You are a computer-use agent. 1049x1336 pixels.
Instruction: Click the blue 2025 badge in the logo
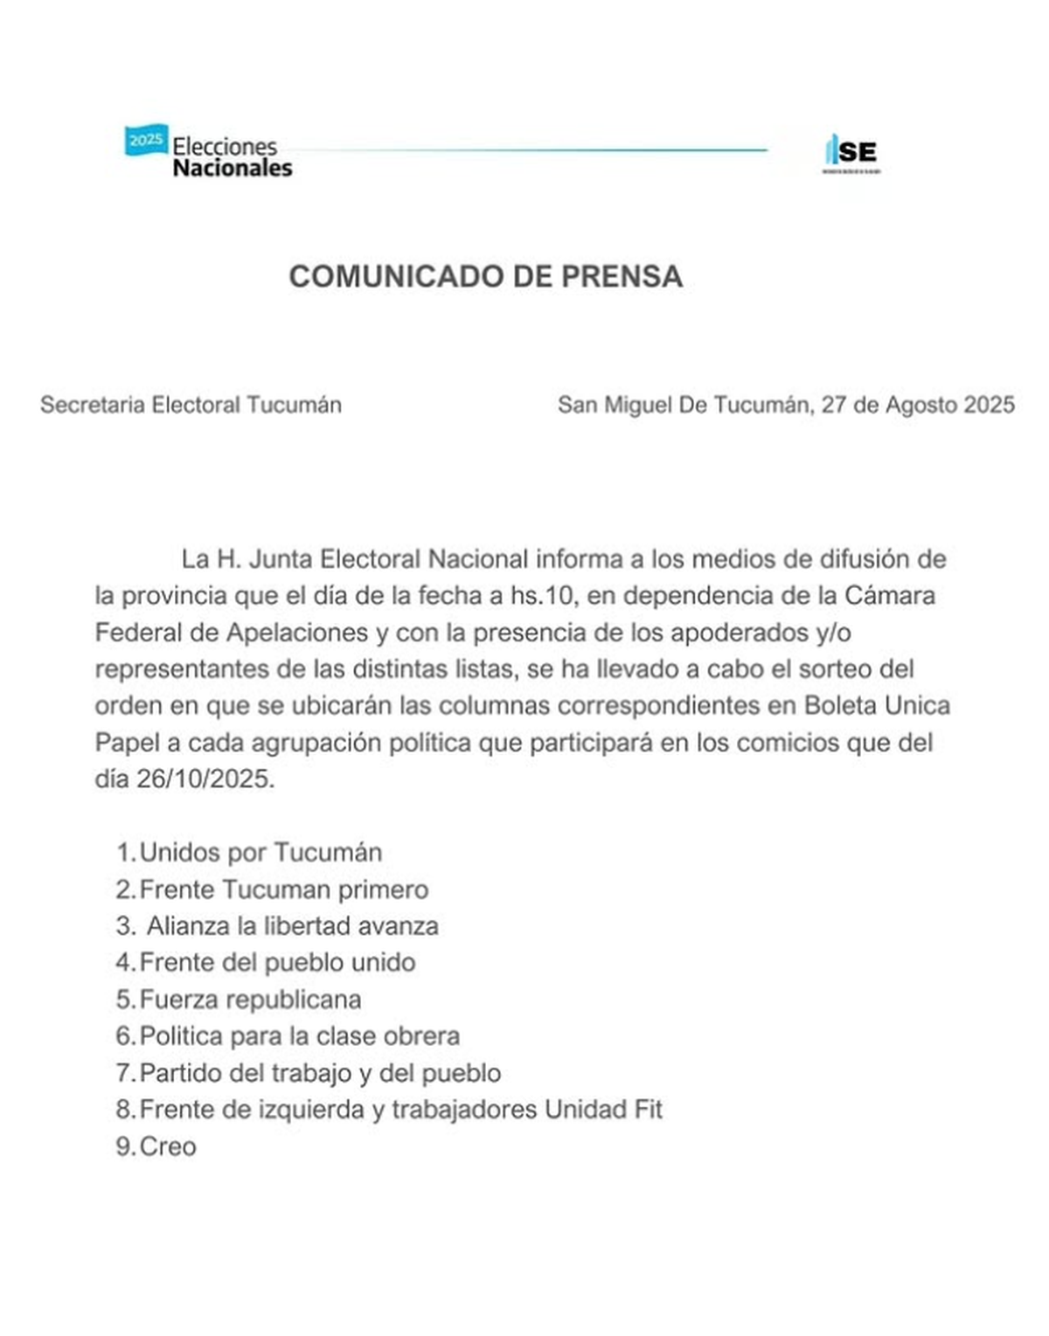[145, 140]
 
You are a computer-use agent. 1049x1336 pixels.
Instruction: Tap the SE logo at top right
[851, 152]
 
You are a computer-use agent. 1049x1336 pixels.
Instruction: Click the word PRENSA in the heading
[622, 276]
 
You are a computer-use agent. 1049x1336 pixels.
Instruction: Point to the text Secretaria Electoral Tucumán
[191, 405]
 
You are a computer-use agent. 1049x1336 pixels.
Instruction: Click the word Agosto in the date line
[920, 405]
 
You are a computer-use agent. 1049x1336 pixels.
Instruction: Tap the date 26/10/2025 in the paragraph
[205, 779]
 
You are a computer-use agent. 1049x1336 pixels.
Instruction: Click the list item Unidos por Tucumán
[261, 852]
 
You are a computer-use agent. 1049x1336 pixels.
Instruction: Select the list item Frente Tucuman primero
[284, 890]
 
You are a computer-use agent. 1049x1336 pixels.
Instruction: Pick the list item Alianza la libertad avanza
[292, 926]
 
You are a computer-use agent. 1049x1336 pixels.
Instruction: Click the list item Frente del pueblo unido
[277, 963]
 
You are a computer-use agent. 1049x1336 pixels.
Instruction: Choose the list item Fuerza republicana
[250, 1000]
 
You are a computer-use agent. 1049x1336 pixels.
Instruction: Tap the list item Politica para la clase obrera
[299, 1036]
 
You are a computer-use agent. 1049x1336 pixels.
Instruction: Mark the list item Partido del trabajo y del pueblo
[320, 1073]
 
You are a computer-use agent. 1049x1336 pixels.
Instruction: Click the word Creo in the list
[168, 1146]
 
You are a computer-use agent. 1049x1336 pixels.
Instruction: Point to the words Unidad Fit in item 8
[603, 1110]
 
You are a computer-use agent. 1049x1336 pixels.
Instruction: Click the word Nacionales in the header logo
[233, 168]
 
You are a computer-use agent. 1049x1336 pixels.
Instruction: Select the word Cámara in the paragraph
[889, 596]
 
